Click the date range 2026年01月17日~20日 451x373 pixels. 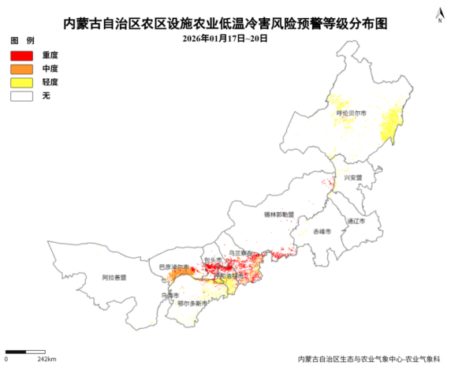pos(225,38)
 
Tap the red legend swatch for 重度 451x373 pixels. pos(21,55)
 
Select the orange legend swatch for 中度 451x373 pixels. pos(21,69)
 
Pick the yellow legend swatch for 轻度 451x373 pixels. pos(21,82)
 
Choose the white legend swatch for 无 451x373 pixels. pos(21,95)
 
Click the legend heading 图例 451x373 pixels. pos(22,39)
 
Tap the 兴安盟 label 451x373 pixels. pos(352,178)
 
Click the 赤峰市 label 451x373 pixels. pos(322,231)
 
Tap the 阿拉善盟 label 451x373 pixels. pos(114,278)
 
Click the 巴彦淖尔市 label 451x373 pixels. pos(173,267)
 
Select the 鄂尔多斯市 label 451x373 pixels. pos(192,304)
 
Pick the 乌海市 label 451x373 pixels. pos(165,295)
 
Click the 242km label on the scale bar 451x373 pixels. pos(47,360)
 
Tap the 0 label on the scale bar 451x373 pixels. pos(6,360)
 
